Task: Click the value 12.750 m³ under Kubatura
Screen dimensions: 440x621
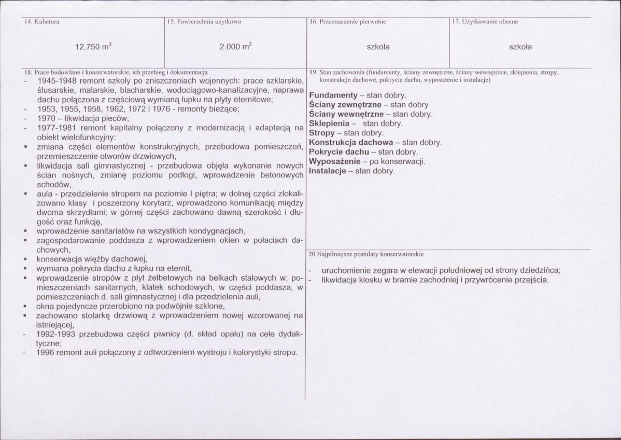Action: (93, 47)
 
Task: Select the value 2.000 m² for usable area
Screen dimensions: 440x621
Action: (235, 47)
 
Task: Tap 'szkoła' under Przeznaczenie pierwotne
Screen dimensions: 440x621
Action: (378, 47)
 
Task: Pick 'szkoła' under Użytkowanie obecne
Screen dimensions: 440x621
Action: (520, 47)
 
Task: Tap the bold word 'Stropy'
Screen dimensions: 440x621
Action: (322, 133)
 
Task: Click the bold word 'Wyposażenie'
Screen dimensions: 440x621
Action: (335, 161)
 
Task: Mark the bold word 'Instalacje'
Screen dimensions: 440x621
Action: (328, 170)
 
